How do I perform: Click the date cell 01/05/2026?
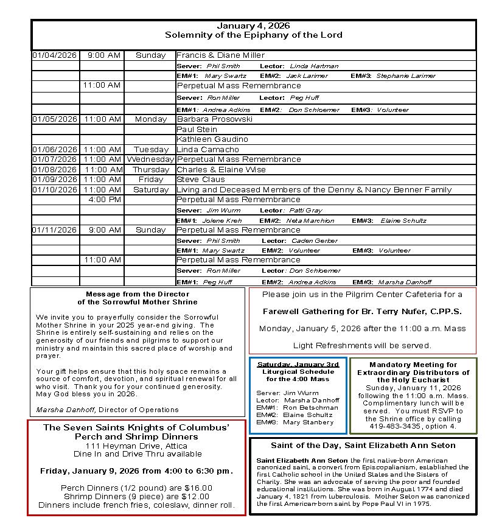tap(55, 119)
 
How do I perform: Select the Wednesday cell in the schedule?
tap(150, 159)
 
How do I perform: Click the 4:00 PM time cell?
tap(104, 200)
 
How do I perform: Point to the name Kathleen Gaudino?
tap(204, 139)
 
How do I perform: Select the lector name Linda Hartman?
tap(314, 66)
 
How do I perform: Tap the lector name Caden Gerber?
tap(314, 240)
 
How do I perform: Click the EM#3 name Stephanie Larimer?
tap(406, 76)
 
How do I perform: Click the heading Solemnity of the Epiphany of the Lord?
tap(253, 35)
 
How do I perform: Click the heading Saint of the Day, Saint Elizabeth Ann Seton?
tap(363, 446)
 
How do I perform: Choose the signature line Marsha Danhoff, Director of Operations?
tap(107, 410)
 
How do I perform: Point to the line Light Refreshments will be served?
tap(362, 345)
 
